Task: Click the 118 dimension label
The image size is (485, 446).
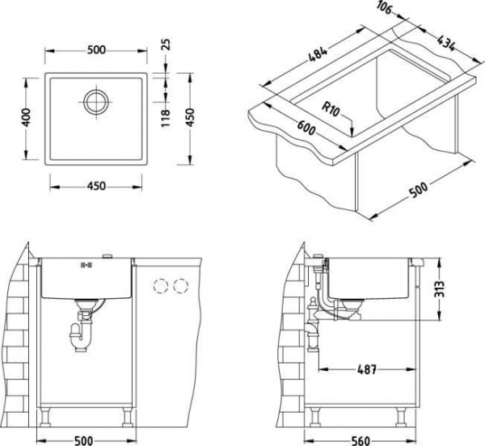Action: (x=166, y=118)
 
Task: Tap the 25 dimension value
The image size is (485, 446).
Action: (x=166, y=44)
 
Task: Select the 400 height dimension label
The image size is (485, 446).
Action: (x=27, y=117)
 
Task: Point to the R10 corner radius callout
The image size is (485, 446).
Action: (x=331, y=109)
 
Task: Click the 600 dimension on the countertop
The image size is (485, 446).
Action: (x=306, y=128)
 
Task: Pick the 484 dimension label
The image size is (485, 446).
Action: (x=318, y=54)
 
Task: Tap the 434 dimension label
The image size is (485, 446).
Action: (x=446, y=43)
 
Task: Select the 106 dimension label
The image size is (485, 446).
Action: (x=385, y=8)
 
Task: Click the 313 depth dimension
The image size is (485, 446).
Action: (x=439, y=288)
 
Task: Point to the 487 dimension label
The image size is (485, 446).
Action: (x=366, y=369)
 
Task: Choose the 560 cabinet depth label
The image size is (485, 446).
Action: (x=361, y=440)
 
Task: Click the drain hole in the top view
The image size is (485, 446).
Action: (x=96, y=102)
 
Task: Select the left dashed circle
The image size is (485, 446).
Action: (x=161, y=286)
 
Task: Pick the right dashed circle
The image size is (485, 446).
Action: (x=181, y=286)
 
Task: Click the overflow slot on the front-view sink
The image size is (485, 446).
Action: (x=86, y=264)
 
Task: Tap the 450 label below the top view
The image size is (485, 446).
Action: (x=96, y=186)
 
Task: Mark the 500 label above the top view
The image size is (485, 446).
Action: (x=96, y=50)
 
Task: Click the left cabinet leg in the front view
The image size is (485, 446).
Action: (x=45, y=417)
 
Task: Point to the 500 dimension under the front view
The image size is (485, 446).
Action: (x=84, y=440)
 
